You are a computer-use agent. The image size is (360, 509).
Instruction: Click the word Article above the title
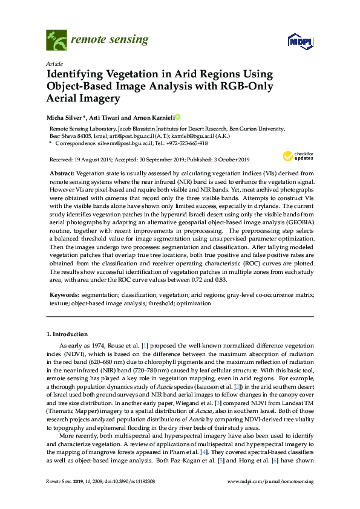coord(53,63)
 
